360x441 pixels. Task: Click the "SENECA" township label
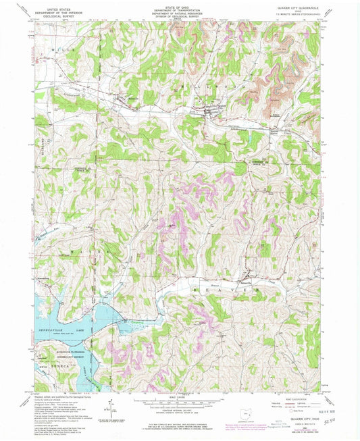55,365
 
